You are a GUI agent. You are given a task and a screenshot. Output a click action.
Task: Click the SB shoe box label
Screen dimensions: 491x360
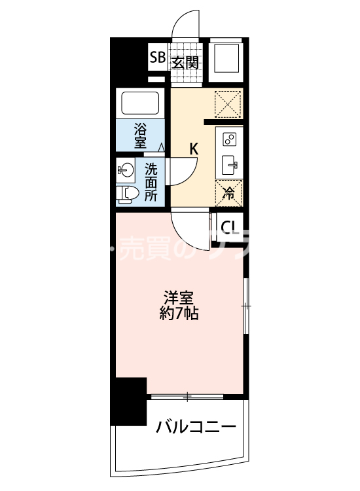click(157, 58)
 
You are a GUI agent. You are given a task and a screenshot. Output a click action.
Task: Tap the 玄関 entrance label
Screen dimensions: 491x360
click(185, 62)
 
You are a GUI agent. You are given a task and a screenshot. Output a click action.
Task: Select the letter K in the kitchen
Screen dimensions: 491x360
click(194, 149)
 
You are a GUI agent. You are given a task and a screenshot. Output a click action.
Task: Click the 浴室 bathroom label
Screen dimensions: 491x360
click(141, 134)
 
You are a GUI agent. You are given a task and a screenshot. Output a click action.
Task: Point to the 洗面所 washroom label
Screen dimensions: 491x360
click(151, 182)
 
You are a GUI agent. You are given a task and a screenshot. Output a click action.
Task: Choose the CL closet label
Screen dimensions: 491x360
click(229, 227)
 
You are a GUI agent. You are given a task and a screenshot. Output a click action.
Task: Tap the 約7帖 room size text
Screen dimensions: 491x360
click(179, 313)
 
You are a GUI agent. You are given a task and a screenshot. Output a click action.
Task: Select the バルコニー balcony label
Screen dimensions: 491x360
click(195, 428)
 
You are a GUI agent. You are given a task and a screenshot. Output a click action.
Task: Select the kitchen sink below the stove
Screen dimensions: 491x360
click(230, 164)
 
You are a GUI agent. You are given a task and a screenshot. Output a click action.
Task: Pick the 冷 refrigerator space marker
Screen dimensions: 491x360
click(229, 192)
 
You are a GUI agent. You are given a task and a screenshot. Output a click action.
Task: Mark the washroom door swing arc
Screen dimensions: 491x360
click(183, 170)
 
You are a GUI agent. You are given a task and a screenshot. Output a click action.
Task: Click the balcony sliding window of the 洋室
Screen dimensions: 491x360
click(187, 396)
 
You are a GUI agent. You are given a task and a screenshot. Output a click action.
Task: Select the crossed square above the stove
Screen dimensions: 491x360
click(229, 103)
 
